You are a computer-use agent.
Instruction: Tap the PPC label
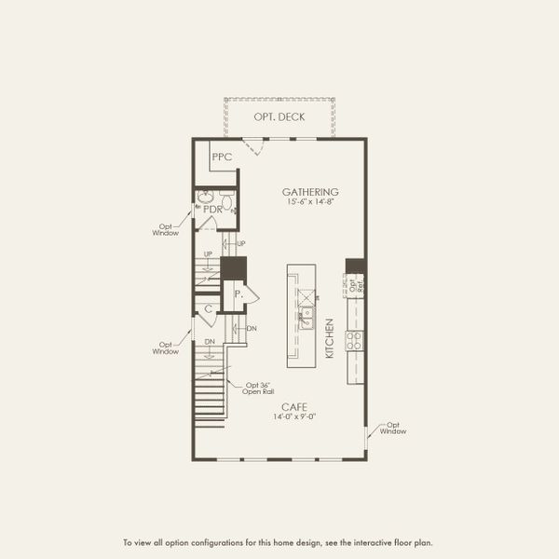coord(222,157)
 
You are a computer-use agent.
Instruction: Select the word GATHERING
coord(310,193)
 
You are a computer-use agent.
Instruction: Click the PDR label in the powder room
coord(211,210)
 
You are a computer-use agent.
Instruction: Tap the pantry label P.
coord(239,294)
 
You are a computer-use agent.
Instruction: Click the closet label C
coord(209,308)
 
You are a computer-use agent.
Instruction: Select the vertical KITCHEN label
coord(329,338)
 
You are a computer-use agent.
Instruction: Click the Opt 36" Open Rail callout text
coord(260,389)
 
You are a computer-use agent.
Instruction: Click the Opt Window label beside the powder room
coord(165,229)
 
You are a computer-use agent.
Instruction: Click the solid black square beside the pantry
coord(233,268)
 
